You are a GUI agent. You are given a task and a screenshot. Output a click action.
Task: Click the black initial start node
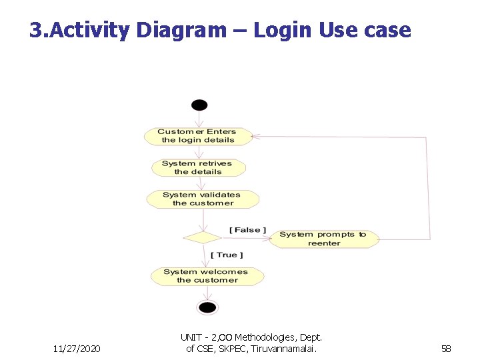point(199,105)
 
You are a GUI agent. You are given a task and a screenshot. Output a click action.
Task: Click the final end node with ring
point(207,307)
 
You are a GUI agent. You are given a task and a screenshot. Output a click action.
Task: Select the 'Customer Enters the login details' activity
point(198,136)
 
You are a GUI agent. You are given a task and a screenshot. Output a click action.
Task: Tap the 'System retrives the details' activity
point(197,167)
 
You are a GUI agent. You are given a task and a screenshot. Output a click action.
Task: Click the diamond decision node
point(202,237)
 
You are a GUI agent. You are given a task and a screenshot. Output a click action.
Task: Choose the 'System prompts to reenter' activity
point(323,239)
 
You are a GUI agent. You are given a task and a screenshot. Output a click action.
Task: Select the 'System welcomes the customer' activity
point(207,276)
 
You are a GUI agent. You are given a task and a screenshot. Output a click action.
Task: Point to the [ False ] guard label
point(247,230)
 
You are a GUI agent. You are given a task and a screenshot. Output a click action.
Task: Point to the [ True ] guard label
point(227,255)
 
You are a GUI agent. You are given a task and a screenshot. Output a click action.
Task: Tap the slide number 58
point(445,349)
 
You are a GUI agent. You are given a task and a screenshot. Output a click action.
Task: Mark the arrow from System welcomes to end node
point(207,293)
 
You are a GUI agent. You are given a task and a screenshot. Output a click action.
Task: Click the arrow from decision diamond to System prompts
point(245,237)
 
